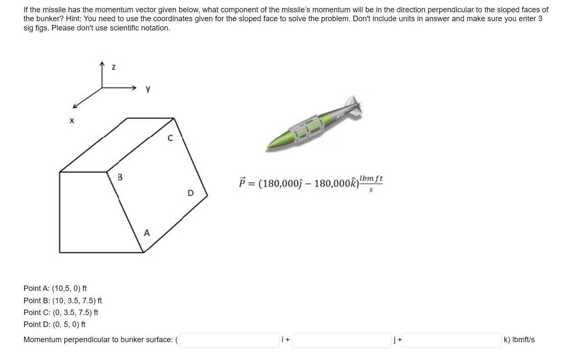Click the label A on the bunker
tap(147, 233)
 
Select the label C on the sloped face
tap(170, 138)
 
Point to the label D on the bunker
tap(190, 193)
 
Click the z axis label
tap(113, 67)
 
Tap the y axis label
tap(147, 89)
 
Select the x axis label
tap(72, 121)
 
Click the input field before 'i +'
tap(229, 340)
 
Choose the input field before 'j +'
tap(341, 340)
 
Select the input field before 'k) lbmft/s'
tap(451, 340)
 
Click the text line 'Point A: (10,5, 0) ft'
tap(55, 288)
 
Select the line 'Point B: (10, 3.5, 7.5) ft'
tap(63, 301)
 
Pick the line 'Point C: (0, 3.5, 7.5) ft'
tap(61, 313)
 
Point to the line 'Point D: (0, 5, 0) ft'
tap(55, 324)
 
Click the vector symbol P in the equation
tap(242, 183)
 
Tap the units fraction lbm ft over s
tap(371, 183)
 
